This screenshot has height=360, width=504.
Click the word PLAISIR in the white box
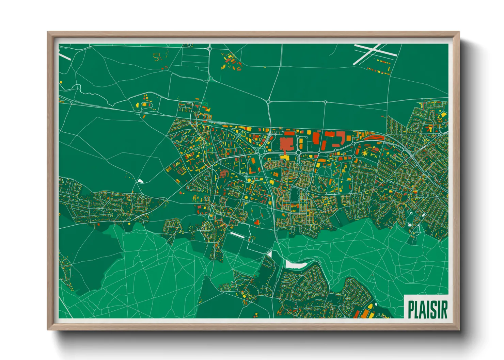click(x=427, y=309)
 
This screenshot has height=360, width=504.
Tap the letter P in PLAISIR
click(x=411, y=309)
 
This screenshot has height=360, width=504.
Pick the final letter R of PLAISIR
click(x=444, y=309)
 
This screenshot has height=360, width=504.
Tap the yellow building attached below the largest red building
click(x=285, y=157)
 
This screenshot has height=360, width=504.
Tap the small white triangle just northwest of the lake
click(x=270, y=254)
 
